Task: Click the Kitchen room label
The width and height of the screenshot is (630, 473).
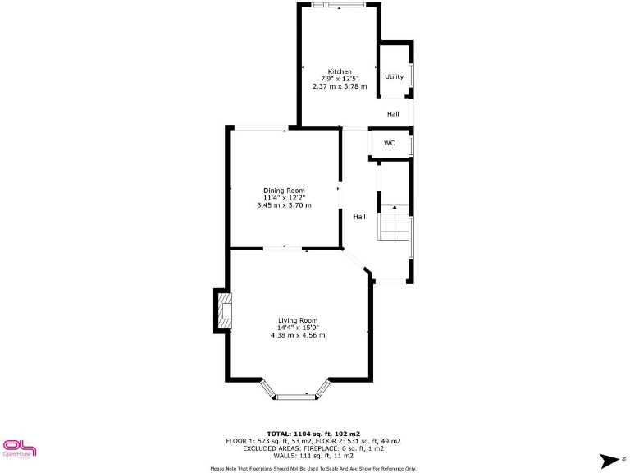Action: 340,71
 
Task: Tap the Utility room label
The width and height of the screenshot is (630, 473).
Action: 395,77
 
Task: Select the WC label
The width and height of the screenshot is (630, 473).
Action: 390,143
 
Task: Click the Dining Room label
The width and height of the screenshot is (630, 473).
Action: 284,191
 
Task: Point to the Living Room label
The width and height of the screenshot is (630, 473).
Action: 298,320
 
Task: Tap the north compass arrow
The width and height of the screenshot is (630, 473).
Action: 609,460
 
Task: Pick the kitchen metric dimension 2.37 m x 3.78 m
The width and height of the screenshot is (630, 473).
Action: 340,86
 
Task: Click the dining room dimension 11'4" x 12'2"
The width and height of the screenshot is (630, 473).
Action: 284,198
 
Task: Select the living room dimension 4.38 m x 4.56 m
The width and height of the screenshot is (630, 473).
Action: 298,335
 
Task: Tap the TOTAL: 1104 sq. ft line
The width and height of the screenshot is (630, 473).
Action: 314,434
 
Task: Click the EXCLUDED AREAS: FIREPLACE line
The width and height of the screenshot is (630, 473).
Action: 314,448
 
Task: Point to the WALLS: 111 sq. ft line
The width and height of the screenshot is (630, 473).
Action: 314,455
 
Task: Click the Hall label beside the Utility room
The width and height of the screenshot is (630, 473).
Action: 394,113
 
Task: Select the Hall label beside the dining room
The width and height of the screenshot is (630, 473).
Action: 359,217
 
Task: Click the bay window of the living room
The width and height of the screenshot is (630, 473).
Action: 294,397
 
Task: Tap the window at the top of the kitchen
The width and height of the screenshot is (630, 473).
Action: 339,5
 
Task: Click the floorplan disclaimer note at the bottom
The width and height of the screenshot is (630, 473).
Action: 314,468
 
